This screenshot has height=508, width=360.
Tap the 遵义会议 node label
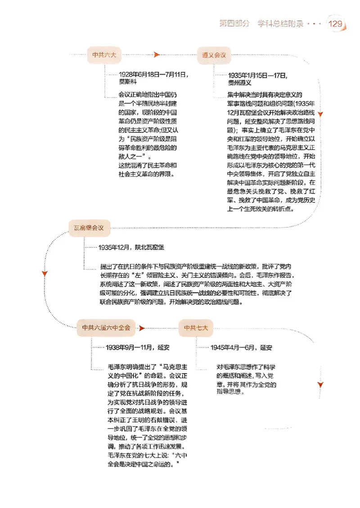(214, 55)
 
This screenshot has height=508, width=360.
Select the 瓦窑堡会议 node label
(89, 228)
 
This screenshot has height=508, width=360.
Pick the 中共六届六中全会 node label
(106, 328)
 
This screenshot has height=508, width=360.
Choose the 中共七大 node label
(196, 328)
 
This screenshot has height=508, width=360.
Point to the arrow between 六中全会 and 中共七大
(142, 328)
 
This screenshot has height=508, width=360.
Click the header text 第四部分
(234, 23)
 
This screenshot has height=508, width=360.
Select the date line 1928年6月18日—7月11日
(153, 75)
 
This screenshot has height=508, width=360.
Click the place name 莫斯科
(127, 82)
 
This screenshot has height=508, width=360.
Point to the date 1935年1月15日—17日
(257, 75)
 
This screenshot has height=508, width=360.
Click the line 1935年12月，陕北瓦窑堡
(131, 247)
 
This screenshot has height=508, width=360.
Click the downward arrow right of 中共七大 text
(320, 385)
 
